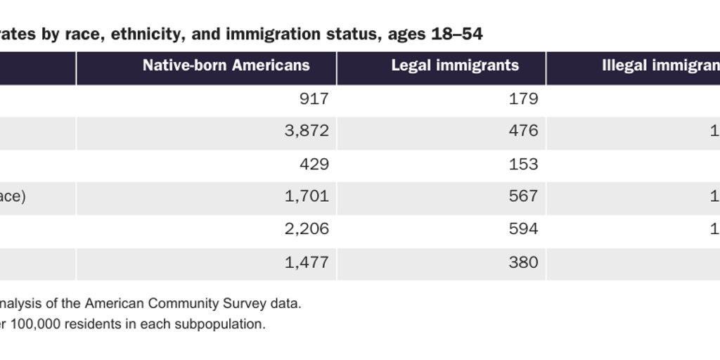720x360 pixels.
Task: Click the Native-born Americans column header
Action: [226, 65]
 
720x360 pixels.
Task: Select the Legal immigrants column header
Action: [455, 65]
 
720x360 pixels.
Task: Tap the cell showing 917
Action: [314, 99]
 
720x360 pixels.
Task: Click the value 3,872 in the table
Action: [307, 131]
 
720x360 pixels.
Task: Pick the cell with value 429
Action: [314, 164]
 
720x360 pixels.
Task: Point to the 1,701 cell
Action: [307, 196]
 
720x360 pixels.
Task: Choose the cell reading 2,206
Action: [307, 229]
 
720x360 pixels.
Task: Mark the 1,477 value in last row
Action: [307, 262]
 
